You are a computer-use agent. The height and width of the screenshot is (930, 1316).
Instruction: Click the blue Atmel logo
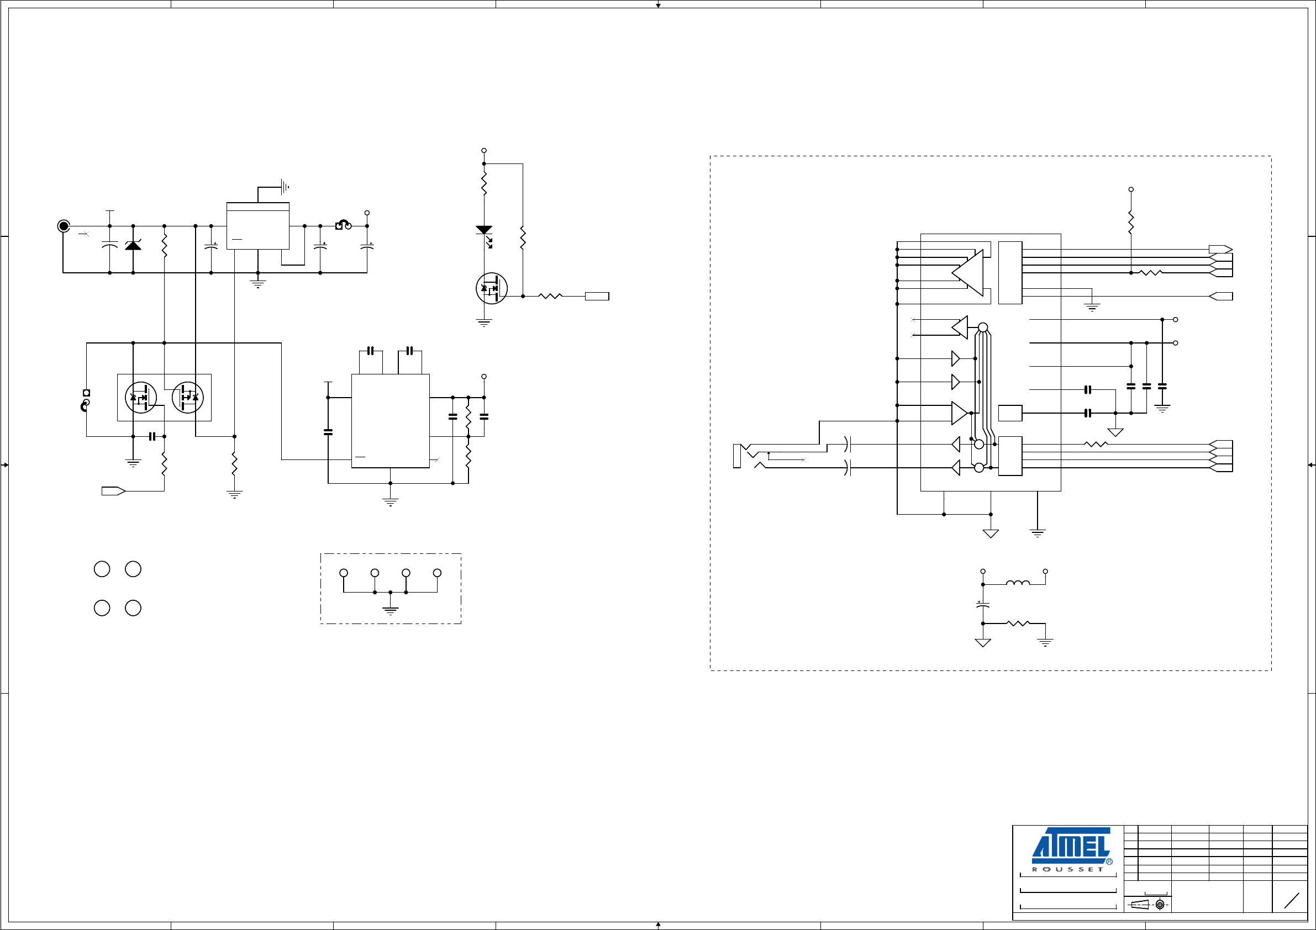tap(1071, 845)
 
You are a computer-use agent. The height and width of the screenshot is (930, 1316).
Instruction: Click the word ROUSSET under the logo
tap(1067, 869)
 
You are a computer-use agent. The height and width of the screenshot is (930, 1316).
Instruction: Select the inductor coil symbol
tap(1018, 583)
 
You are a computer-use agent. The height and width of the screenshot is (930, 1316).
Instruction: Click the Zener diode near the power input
tap(133, 245)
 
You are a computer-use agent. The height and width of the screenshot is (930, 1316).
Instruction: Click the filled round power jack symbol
tap(64, 226)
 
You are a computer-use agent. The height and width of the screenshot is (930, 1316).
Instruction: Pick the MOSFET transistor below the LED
tap(491, 288)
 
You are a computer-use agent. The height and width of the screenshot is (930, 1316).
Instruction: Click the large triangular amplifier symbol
tap(967, 273)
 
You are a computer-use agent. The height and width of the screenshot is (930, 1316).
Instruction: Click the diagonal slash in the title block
tap(1291, 901)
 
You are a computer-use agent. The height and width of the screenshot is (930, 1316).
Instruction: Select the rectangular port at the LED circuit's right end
tap(597, 296)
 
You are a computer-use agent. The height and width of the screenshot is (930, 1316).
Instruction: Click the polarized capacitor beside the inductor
tap(983, 604)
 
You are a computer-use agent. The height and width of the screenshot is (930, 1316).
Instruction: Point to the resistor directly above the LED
tap(485, 184)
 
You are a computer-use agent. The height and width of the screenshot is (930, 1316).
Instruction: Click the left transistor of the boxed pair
tap(140, 397)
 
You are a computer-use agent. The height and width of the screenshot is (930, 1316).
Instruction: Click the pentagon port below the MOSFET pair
tap(113, 491)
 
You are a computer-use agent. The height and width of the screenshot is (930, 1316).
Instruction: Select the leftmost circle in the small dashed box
tap(344, 573)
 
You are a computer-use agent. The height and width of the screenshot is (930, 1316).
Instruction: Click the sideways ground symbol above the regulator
tap(285, 187)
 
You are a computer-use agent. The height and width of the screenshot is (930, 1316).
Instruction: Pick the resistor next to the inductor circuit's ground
tap(1018, 623)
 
